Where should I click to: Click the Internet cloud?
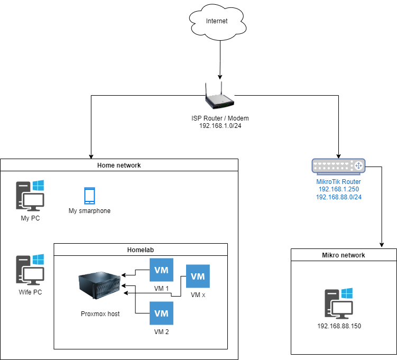(x=217, y=22)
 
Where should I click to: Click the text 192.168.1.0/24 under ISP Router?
(x=220, y=126)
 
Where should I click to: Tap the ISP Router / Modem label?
(x=220, y=118)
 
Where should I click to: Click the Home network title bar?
(x=119, y=165)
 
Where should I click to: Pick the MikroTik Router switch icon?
(x=338, y=166)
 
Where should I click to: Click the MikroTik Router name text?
(x=338, y=182)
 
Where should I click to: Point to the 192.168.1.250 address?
(x=338, y=189)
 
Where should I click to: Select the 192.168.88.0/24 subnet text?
(x=338, y=197)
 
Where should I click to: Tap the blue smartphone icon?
(x=89, y=196)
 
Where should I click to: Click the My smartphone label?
(x=89, y=211)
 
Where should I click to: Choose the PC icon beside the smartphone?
(x=30, y=196)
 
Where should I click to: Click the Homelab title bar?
(x=141, y=250)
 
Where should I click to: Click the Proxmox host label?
(x=100, y=314)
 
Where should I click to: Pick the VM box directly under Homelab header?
(x=161, y=270)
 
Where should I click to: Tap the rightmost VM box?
(x=198, y=276)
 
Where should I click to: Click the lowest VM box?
(x=161, y=313)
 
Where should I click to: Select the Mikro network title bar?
(x=344, y=255)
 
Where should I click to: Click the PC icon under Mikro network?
(x=339, y=303)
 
